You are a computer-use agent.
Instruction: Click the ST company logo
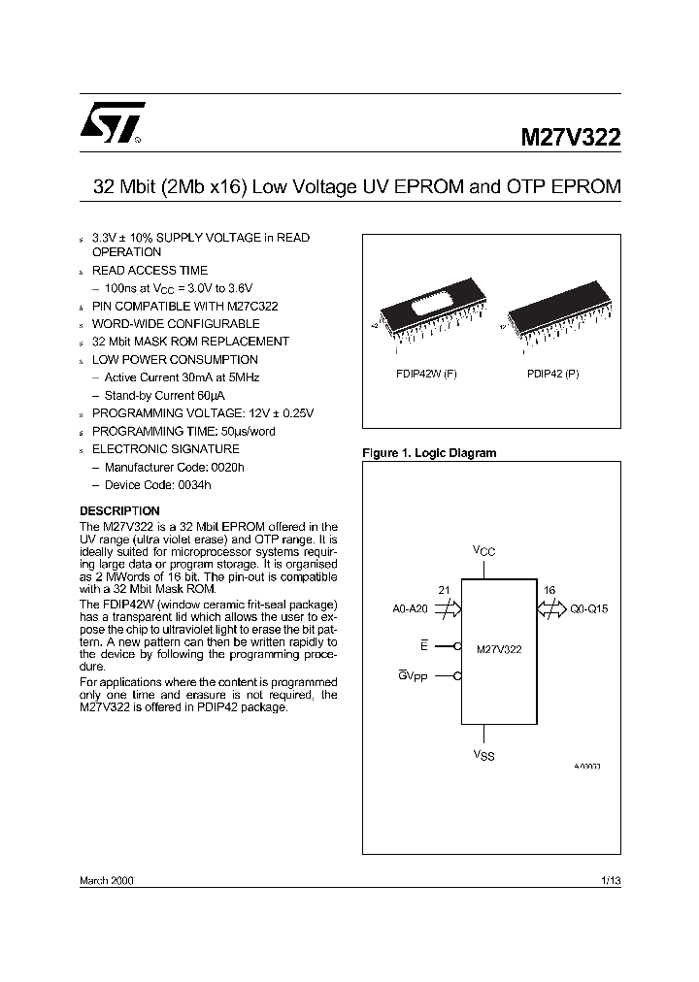(112, 123)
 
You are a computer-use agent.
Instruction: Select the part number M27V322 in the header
(566, 137)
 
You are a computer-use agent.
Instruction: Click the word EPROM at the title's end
(586, 187)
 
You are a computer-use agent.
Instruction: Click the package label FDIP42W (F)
(425, 374)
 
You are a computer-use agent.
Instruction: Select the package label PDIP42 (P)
(553, 374)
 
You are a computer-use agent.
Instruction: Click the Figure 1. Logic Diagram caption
(428, 453)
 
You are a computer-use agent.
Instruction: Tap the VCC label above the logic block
(484, 551)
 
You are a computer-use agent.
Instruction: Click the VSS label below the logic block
(484, 755)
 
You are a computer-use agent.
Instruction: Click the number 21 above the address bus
(444, 590)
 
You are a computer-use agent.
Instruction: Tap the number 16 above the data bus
(549, 590)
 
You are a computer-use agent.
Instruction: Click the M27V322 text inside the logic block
(499, 649)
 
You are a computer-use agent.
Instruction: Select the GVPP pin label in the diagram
(413, 675)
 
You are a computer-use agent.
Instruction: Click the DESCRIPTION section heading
(119, 510)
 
